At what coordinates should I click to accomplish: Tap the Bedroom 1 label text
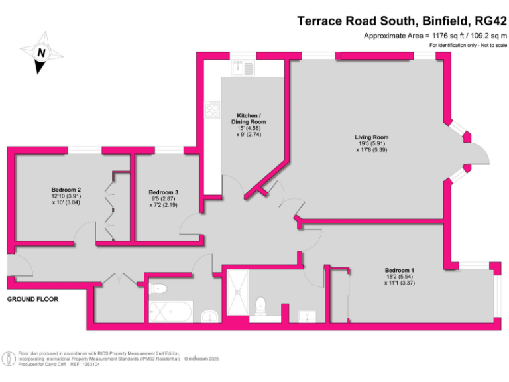399,270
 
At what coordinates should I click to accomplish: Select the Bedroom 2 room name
66,190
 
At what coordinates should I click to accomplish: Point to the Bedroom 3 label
164,192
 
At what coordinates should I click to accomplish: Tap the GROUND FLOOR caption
32,300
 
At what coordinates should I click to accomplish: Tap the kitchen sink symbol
243,67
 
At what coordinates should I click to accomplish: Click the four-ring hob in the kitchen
213,109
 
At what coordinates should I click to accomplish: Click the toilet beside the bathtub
158,288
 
